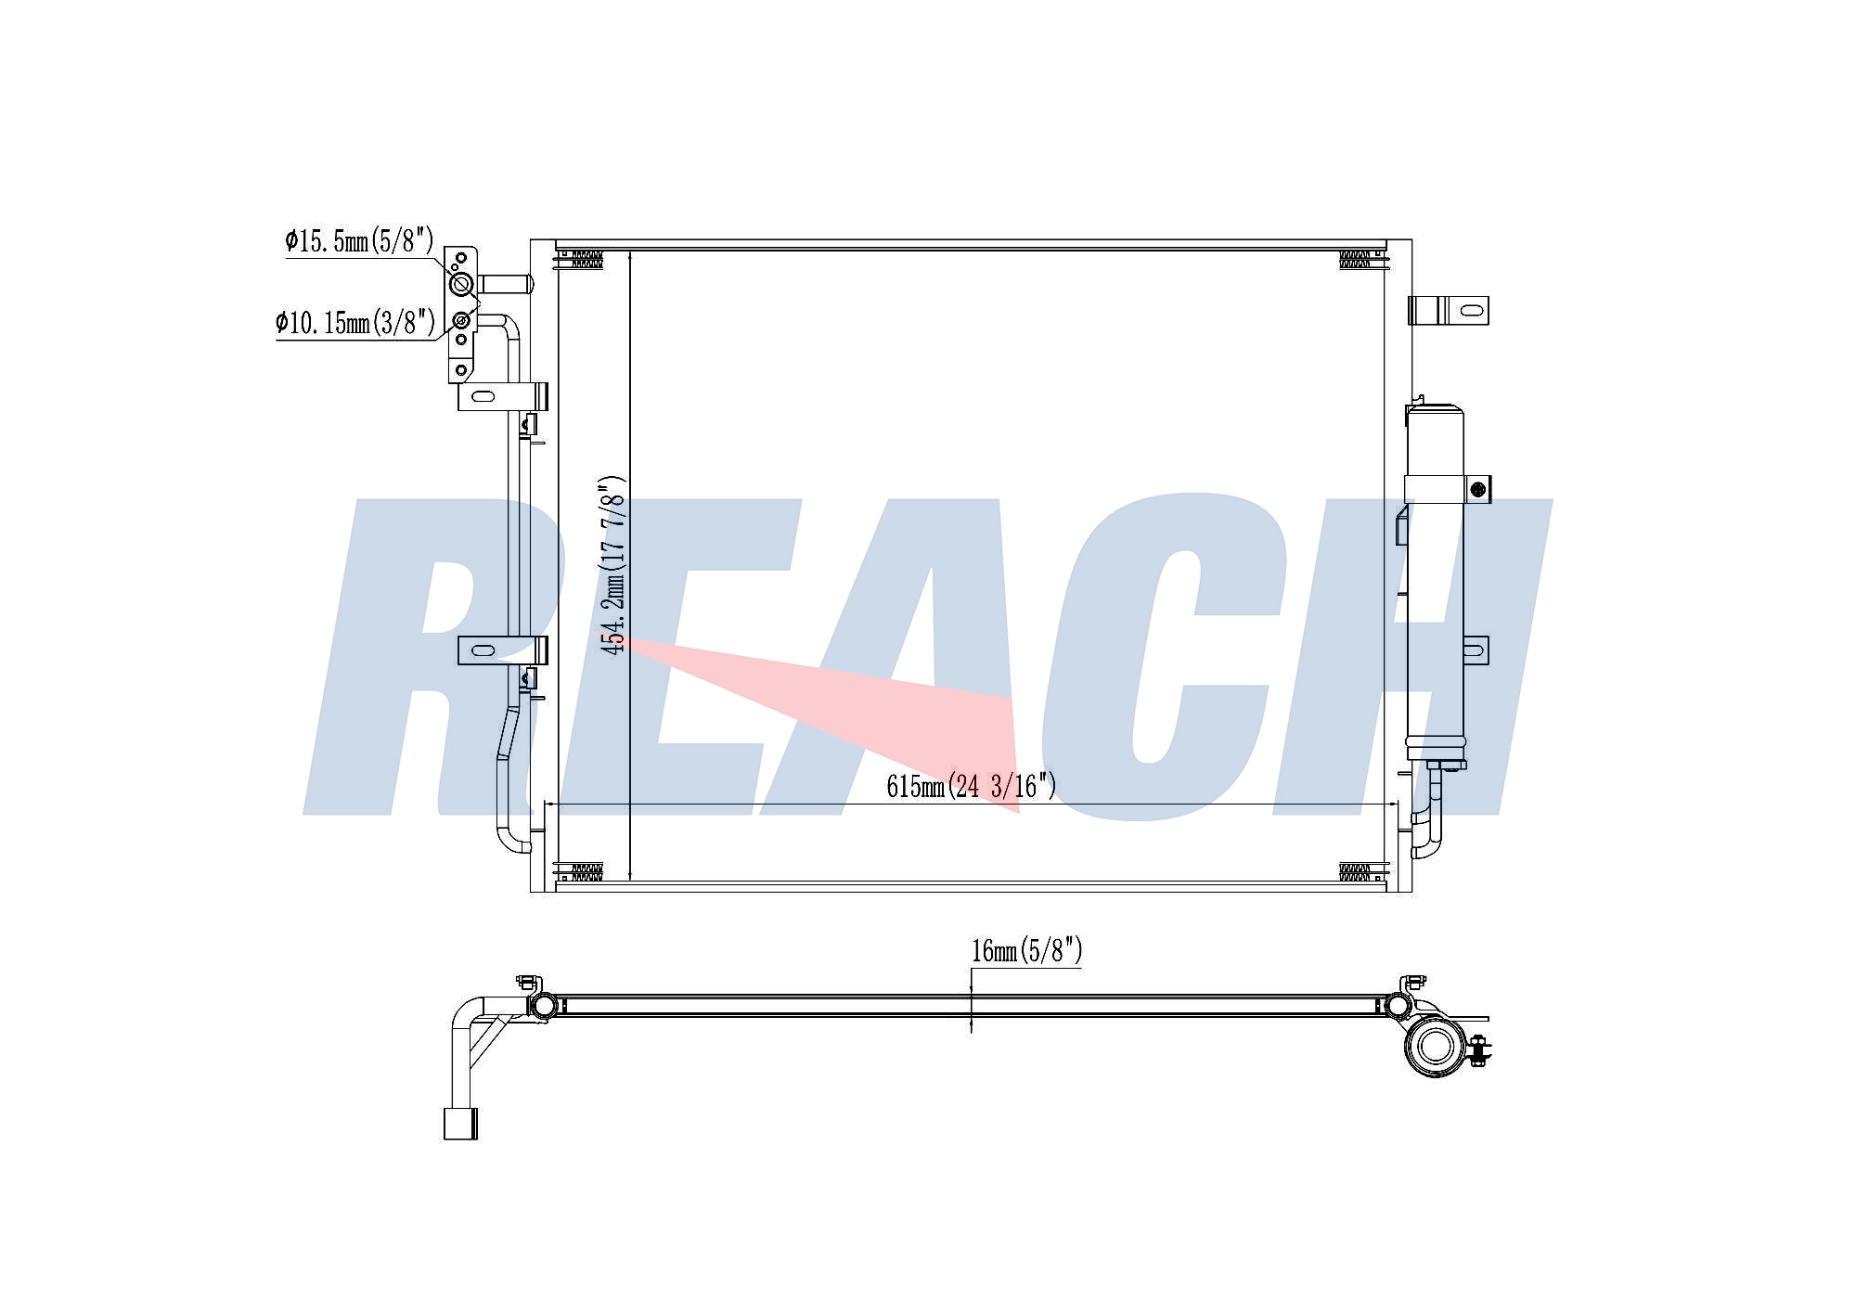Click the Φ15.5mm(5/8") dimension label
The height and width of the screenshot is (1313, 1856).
359,241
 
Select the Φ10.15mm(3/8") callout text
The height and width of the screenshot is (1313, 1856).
355,323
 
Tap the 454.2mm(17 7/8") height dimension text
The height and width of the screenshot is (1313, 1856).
613,566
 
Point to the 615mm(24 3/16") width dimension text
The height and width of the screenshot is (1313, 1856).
971,786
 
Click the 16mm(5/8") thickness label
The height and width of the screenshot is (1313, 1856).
1026,951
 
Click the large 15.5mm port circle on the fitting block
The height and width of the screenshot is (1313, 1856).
461,284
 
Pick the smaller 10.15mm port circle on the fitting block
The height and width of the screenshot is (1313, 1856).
461,322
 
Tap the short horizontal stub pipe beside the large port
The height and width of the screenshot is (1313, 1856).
503,283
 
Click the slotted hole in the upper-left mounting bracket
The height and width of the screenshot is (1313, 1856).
483,397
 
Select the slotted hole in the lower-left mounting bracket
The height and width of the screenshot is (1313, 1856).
483,650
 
